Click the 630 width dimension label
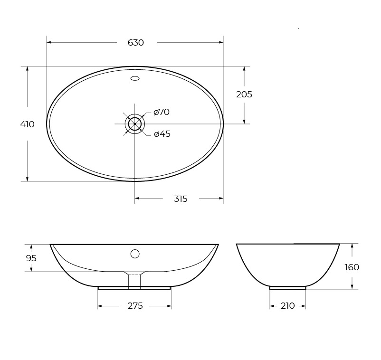[135, 43]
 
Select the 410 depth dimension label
[27, 124]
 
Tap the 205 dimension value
[244, 95]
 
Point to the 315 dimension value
[181, 199]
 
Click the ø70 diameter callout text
[162, 112]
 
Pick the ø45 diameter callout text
[162, 134]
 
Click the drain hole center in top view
[135, 124]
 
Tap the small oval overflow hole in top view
[135, 78]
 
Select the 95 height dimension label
[31, 258]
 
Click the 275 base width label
[135, 306]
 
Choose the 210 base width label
[287, 306]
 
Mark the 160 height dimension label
[352, 267]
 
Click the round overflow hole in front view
[135, 254]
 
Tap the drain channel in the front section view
[134, 280]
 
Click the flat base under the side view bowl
[287, 288]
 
